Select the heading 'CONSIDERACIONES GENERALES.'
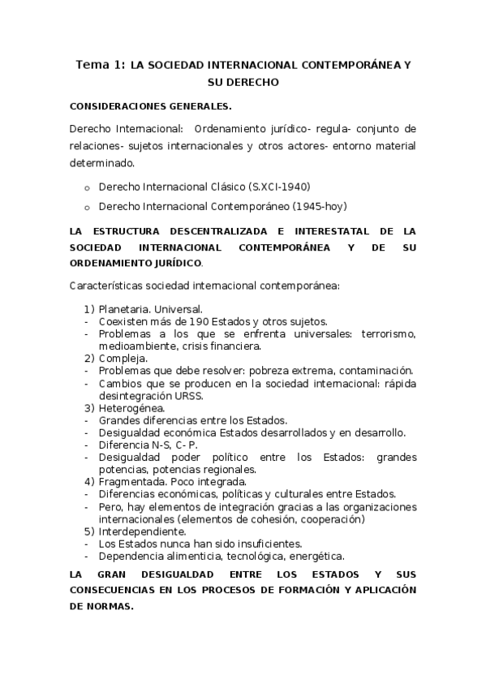pos(151,105)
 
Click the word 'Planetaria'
pos(124,309)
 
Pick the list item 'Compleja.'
pos(123,358)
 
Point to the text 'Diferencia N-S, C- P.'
pos(148,445)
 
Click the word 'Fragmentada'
pos(131,481)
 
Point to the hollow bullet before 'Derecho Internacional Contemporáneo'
pos(87,206)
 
